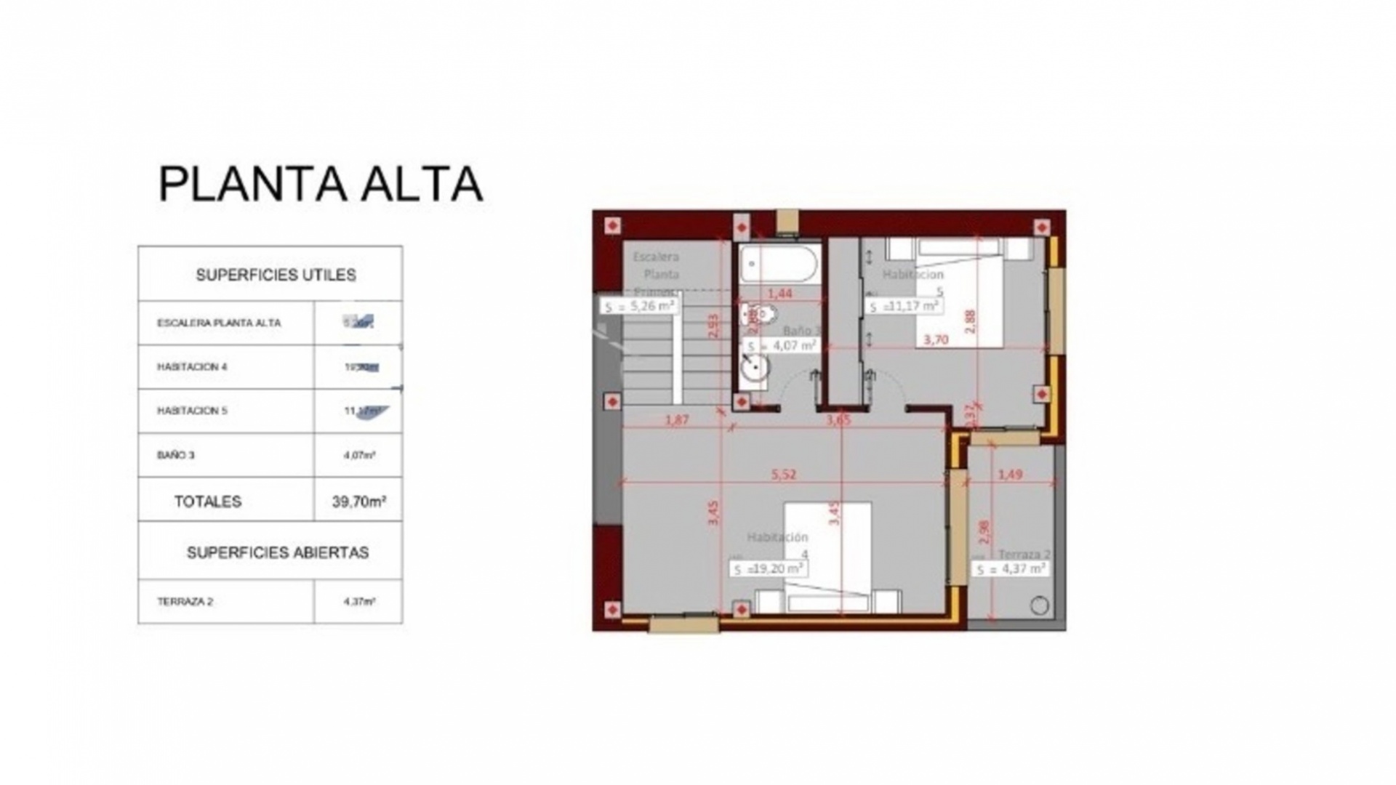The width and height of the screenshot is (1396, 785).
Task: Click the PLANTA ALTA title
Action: [x=320, y=184]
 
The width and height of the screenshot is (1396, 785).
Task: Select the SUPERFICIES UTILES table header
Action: [x=276, y=275]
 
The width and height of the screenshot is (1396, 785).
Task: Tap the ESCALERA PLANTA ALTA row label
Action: [x=219, y=323]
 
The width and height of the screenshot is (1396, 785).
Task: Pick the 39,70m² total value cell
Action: [x=358, y=501]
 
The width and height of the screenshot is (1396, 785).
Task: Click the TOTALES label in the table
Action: [x=207, y=502]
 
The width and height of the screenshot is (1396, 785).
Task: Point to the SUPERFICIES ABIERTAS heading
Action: [x=277, y=552]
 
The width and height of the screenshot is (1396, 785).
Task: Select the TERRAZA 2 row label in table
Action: [x=185, y=602]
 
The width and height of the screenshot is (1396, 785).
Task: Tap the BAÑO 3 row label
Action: [x=175, y=456]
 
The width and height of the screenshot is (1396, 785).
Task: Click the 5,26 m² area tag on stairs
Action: [x=639, y=306]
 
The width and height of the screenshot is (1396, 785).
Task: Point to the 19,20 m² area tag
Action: [x=768, y=568]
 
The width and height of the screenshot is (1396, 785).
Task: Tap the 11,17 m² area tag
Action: [x=903, y=306]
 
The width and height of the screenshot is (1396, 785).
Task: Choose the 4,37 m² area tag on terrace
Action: [x=1011, y=569]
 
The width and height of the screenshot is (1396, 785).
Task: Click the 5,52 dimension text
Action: [x=784, y=475]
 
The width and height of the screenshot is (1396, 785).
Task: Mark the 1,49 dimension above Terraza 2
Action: [x=1010, y=475]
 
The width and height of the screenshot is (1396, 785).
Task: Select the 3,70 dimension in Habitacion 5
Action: [x=936, y=339]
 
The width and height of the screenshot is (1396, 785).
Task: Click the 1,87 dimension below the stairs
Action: [x=676, y=419]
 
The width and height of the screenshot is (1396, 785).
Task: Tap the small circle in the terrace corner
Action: [x=1040, y=605]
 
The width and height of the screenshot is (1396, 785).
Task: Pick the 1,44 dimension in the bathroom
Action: [x=779, y=294]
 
